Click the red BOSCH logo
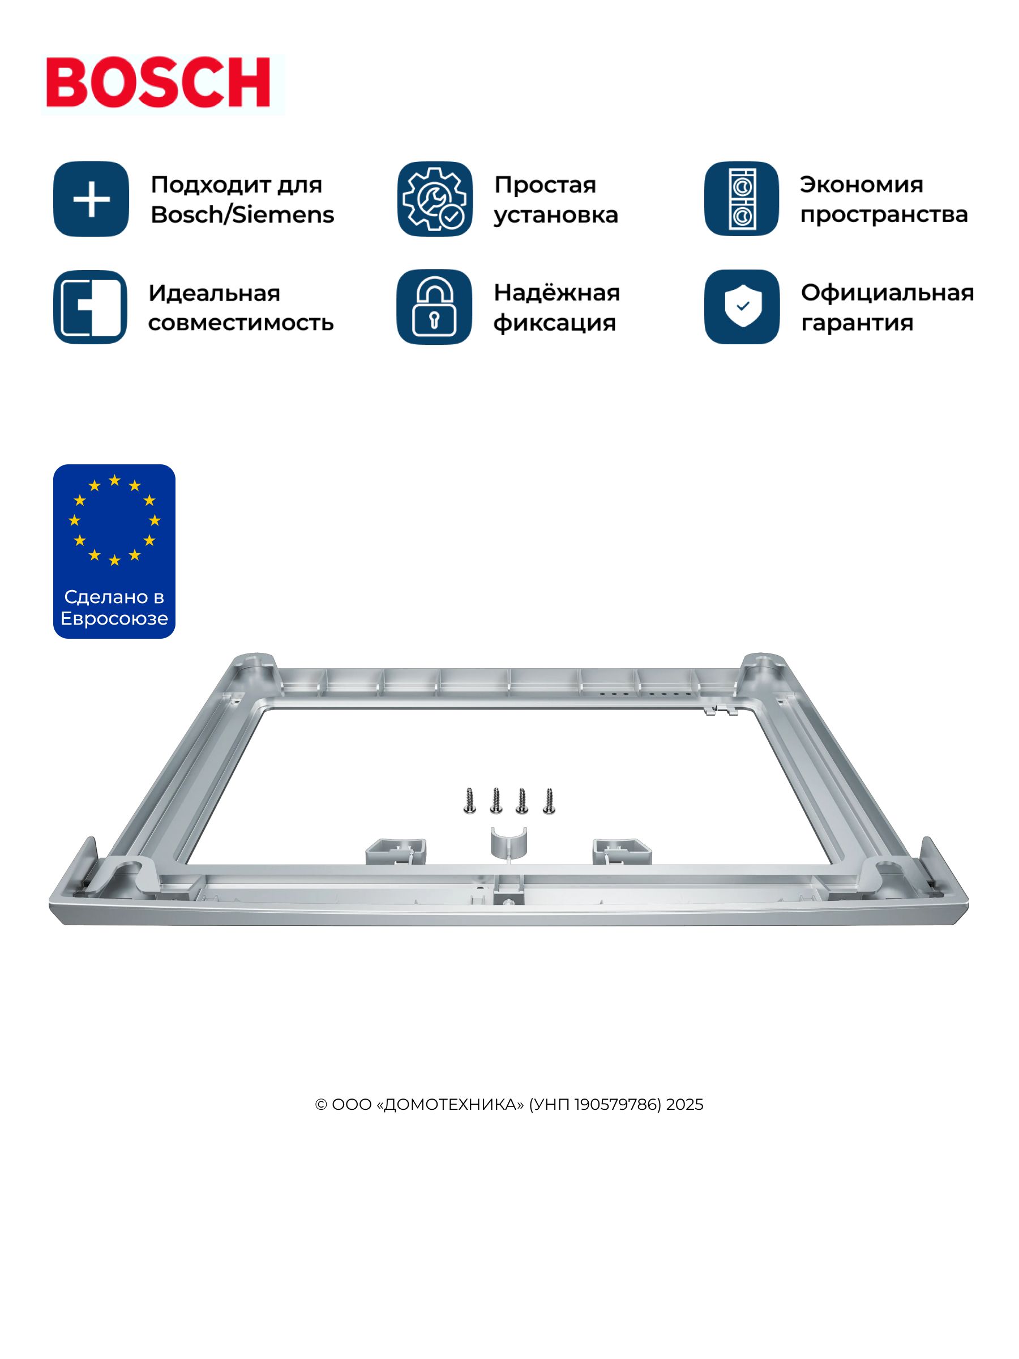pos(159,83)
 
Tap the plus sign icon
pos(91,199)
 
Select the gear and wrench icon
pos(435,199)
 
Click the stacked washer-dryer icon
pos(742,199)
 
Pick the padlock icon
pos(434,306)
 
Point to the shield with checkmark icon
pos(742,306)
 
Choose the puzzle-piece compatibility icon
pos(90,306)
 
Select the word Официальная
pos(888,293)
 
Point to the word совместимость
pos(241,323)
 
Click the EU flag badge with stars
pos(114,551)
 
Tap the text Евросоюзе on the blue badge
pos(114,618)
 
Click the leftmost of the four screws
pos(470,801)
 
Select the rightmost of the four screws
pos(549,801)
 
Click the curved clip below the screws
pos(508,843)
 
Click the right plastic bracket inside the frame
pos(622,851)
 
